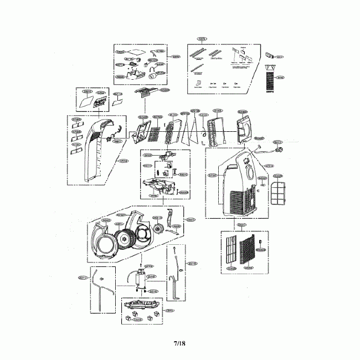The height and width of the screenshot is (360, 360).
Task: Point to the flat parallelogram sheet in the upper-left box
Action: pyautogui.click(x=85, y=102)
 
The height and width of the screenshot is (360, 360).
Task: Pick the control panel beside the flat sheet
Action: pyautogui.click(x=101, y=101)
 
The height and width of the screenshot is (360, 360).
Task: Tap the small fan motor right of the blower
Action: pyautogui.click(x=163, y=228)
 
